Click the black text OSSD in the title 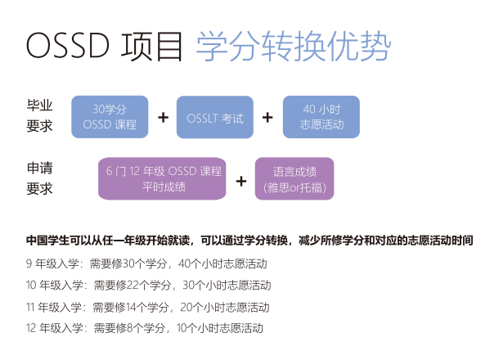pos(68,46)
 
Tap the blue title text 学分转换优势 pos(294,47)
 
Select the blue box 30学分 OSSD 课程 pos(110,117)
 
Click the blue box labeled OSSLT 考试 pos(215,117)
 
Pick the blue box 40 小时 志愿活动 pos(321,117)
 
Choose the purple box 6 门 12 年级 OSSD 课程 pos(162,178)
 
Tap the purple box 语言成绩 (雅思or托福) pos(294,178)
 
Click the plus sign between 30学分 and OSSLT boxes pos(163,118)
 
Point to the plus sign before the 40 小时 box pos(267,118)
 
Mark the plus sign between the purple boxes pos(241,181)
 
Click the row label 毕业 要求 pos(39,115)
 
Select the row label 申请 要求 pos(39,178)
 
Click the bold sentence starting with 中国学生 pos(249,241)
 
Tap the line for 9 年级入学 pos(146,263)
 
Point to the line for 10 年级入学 pos(148,285)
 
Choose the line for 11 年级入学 pos(148,307)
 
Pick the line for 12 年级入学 pos(145,328)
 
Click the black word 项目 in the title pos(151,47)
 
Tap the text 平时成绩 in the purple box pos(164,187)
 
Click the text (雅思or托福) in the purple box pos(294,187)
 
